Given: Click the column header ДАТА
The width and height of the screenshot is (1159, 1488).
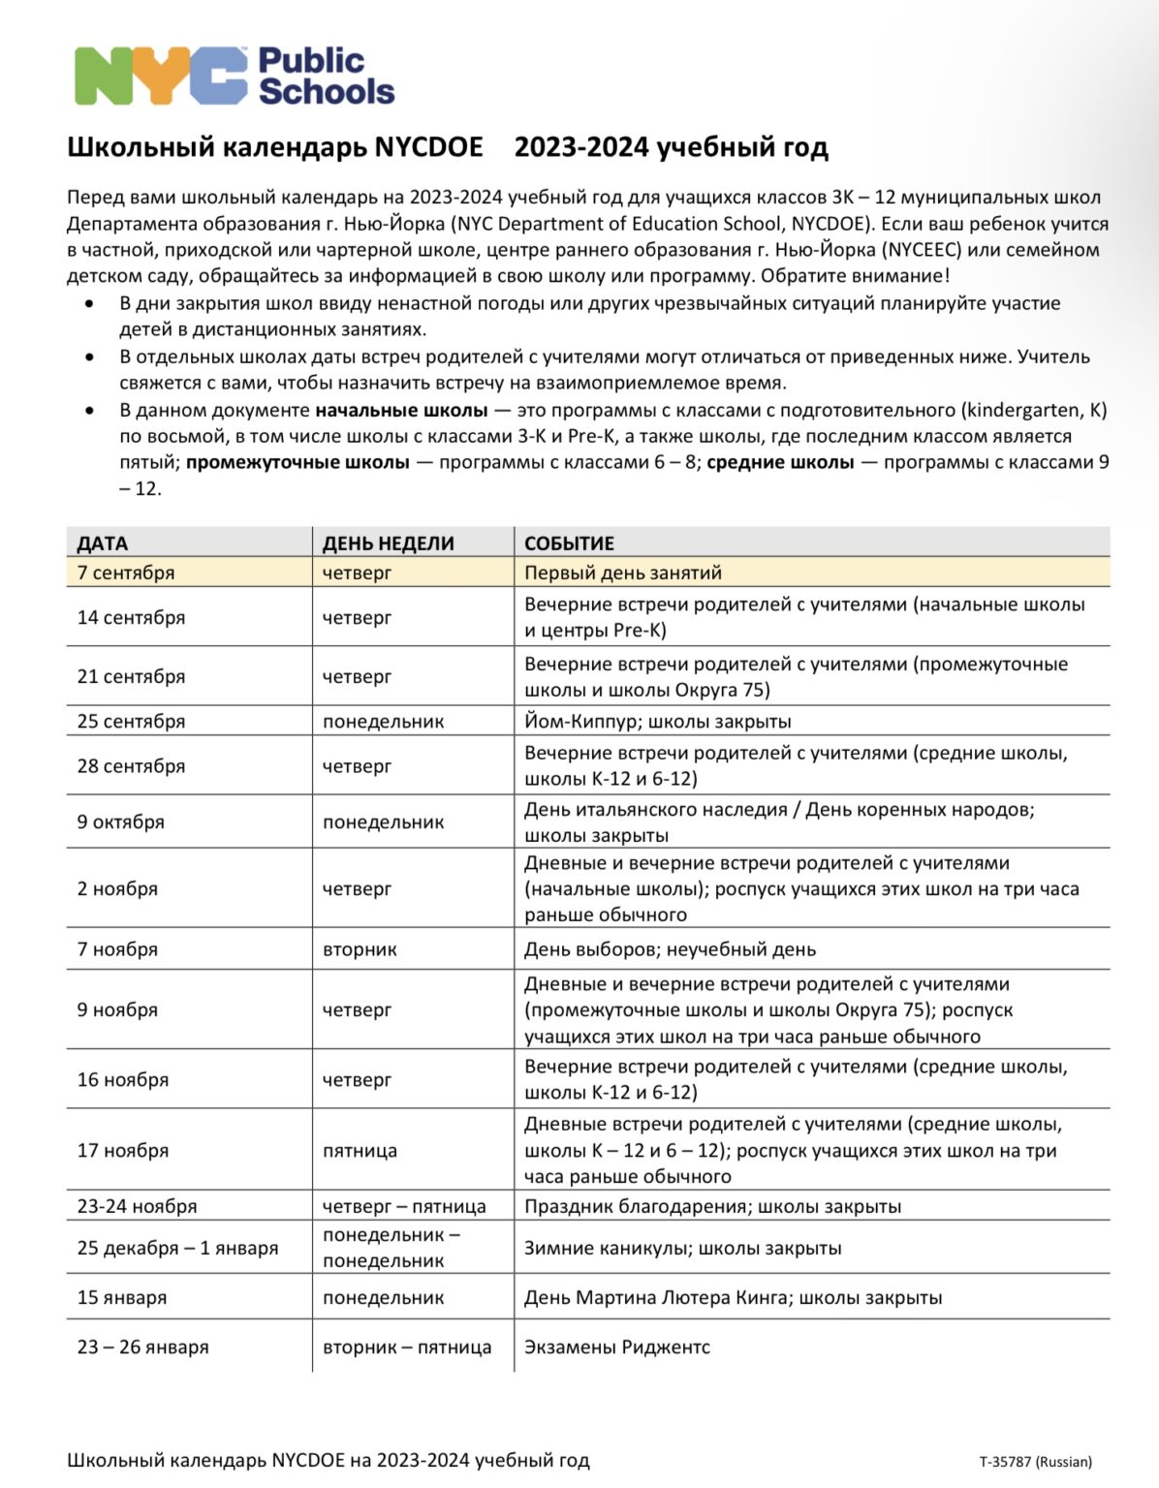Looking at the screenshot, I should coord(103,543).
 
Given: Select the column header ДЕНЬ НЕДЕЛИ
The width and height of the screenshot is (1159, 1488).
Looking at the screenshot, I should coord(388,543).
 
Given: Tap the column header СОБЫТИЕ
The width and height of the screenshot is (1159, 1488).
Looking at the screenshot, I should coord(569,543).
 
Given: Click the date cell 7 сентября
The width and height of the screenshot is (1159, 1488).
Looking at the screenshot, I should coord(126,573).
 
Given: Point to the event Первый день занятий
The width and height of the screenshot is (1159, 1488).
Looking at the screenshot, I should coord(622,573).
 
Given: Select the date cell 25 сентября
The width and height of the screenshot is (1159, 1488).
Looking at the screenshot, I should coord(131,722).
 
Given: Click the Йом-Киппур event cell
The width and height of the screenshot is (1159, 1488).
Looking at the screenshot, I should coord(657,722).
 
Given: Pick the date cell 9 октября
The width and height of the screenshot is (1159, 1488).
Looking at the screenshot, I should coord(121,822).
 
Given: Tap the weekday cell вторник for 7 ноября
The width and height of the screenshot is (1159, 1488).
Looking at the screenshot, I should coord(360,949).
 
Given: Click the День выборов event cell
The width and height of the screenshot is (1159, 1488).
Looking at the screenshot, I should coord(670,949).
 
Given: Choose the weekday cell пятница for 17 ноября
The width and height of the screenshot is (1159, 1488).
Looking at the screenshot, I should coord(360,1151).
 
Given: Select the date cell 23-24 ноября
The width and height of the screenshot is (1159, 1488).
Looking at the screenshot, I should coord(137,1207).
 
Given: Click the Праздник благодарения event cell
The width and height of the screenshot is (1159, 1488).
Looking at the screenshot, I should coord(712,1207).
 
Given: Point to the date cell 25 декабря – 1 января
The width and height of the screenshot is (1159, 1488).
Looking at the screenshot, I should coord(177,1249).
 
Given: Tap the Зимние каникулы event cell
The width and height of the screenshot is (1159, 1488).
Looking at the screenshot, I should coord(682,1249).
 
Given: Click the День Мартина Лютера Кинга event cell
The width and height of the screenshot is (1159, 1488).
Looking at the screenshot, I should coord(733,1298).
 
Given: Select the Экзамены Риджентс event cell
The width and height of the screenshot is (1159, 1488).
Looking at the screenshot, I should coord(616,1348).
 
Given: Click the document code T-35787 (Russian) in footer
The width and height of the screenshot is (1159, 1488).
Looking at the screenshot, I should coord(1035,1462).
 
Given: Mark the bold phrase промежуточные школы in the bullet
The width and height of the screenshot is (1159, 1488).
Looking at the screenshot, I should coord(298,463).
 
